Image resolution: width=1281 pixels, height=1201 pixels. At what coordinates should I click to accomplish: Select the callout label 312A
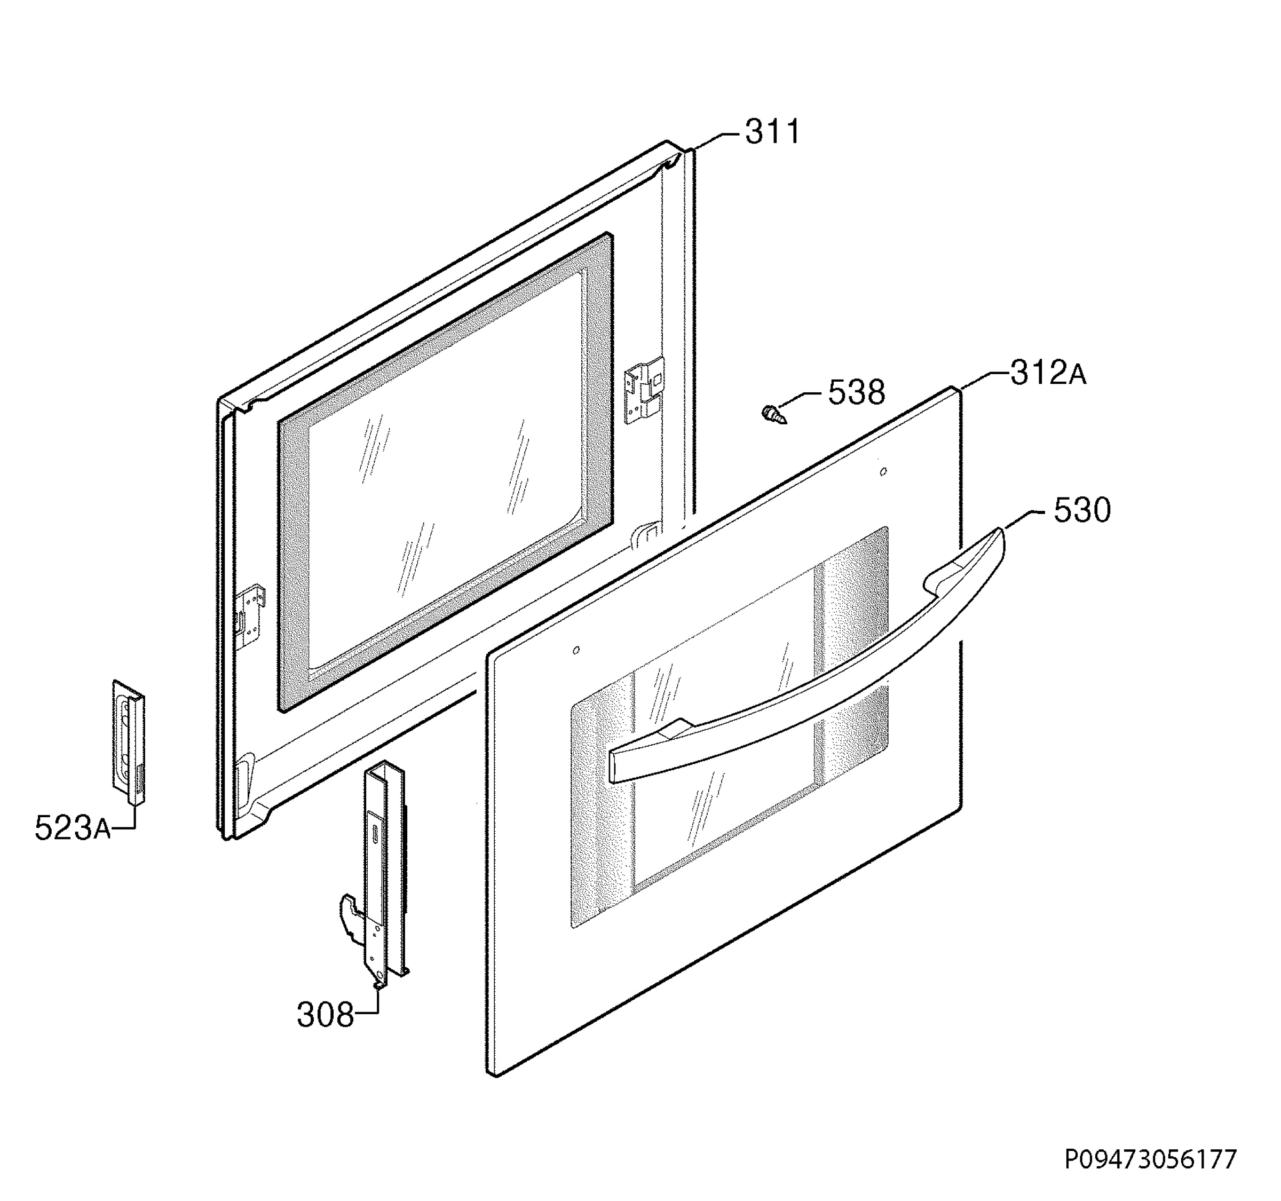[x=1048, y=373]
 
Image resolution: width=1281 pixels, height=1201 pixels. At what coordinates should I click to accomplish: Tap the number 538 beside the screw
[x=856, y=392]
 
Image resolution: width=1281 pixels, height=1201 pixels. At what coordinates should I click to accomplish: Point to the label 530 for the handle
[x=1082, y=510]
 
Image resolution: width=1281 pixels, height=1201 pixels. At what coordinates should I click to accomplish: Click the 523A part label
[x=72, y=828]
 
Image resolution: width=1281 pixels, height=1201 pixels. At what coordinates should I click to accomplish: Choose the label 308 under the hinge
[x=326, y=1015]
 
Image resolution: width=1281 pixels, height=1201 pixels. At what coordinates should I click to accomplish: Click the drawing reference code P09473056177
[x=1150, y=1159]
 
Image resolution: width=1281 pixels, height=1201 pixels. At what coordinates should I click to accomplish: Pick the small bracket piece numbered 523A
[x=129, y=742]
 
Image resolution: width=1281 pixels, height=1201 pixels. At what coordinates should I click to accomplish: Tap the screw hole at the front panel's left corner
[x=576, y=650]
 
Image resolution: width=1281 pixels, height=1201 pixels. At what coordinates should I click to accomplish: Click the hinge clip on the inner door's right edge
[x=644, y=390]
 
